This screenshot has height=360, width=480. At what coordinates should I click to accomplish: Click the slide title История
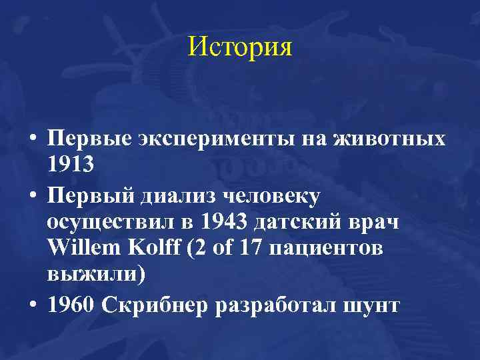click(240, 47)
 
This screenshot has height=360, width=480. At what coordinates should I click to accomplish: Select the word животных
click(389, 140)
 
